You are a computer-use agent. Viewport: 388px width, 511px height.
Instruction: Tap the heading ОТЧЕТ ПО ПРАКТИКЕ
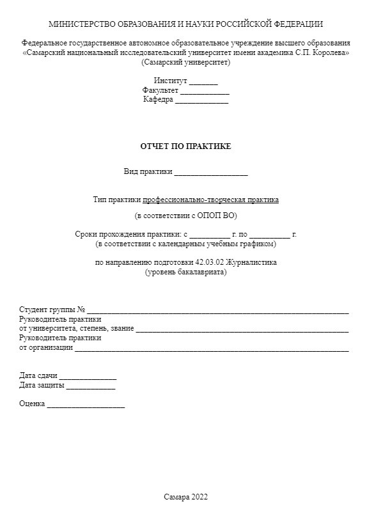(185, 146)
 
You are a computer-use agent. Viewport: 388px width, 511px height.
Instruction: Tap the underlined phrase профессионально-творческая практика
(211, 200)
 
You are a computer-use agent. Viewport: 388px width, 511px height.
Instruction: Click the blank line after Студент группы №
(217, 311)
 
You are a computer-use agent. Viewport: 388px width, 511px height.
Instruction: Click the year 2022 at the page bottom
(199, 497)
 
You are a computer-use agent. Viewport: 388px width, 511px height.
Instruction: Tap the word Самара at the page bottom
(176, 497)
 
